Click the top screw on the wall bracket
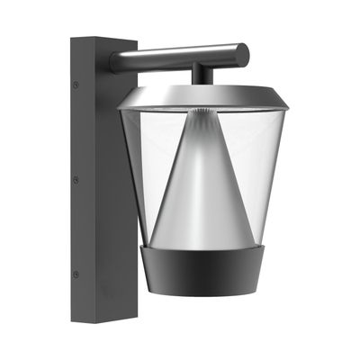76,85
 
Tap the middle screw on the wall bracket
76,179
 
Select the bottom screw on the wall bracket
76,274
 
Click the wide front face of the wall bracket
115,198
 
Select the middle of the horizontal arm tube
180,57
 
